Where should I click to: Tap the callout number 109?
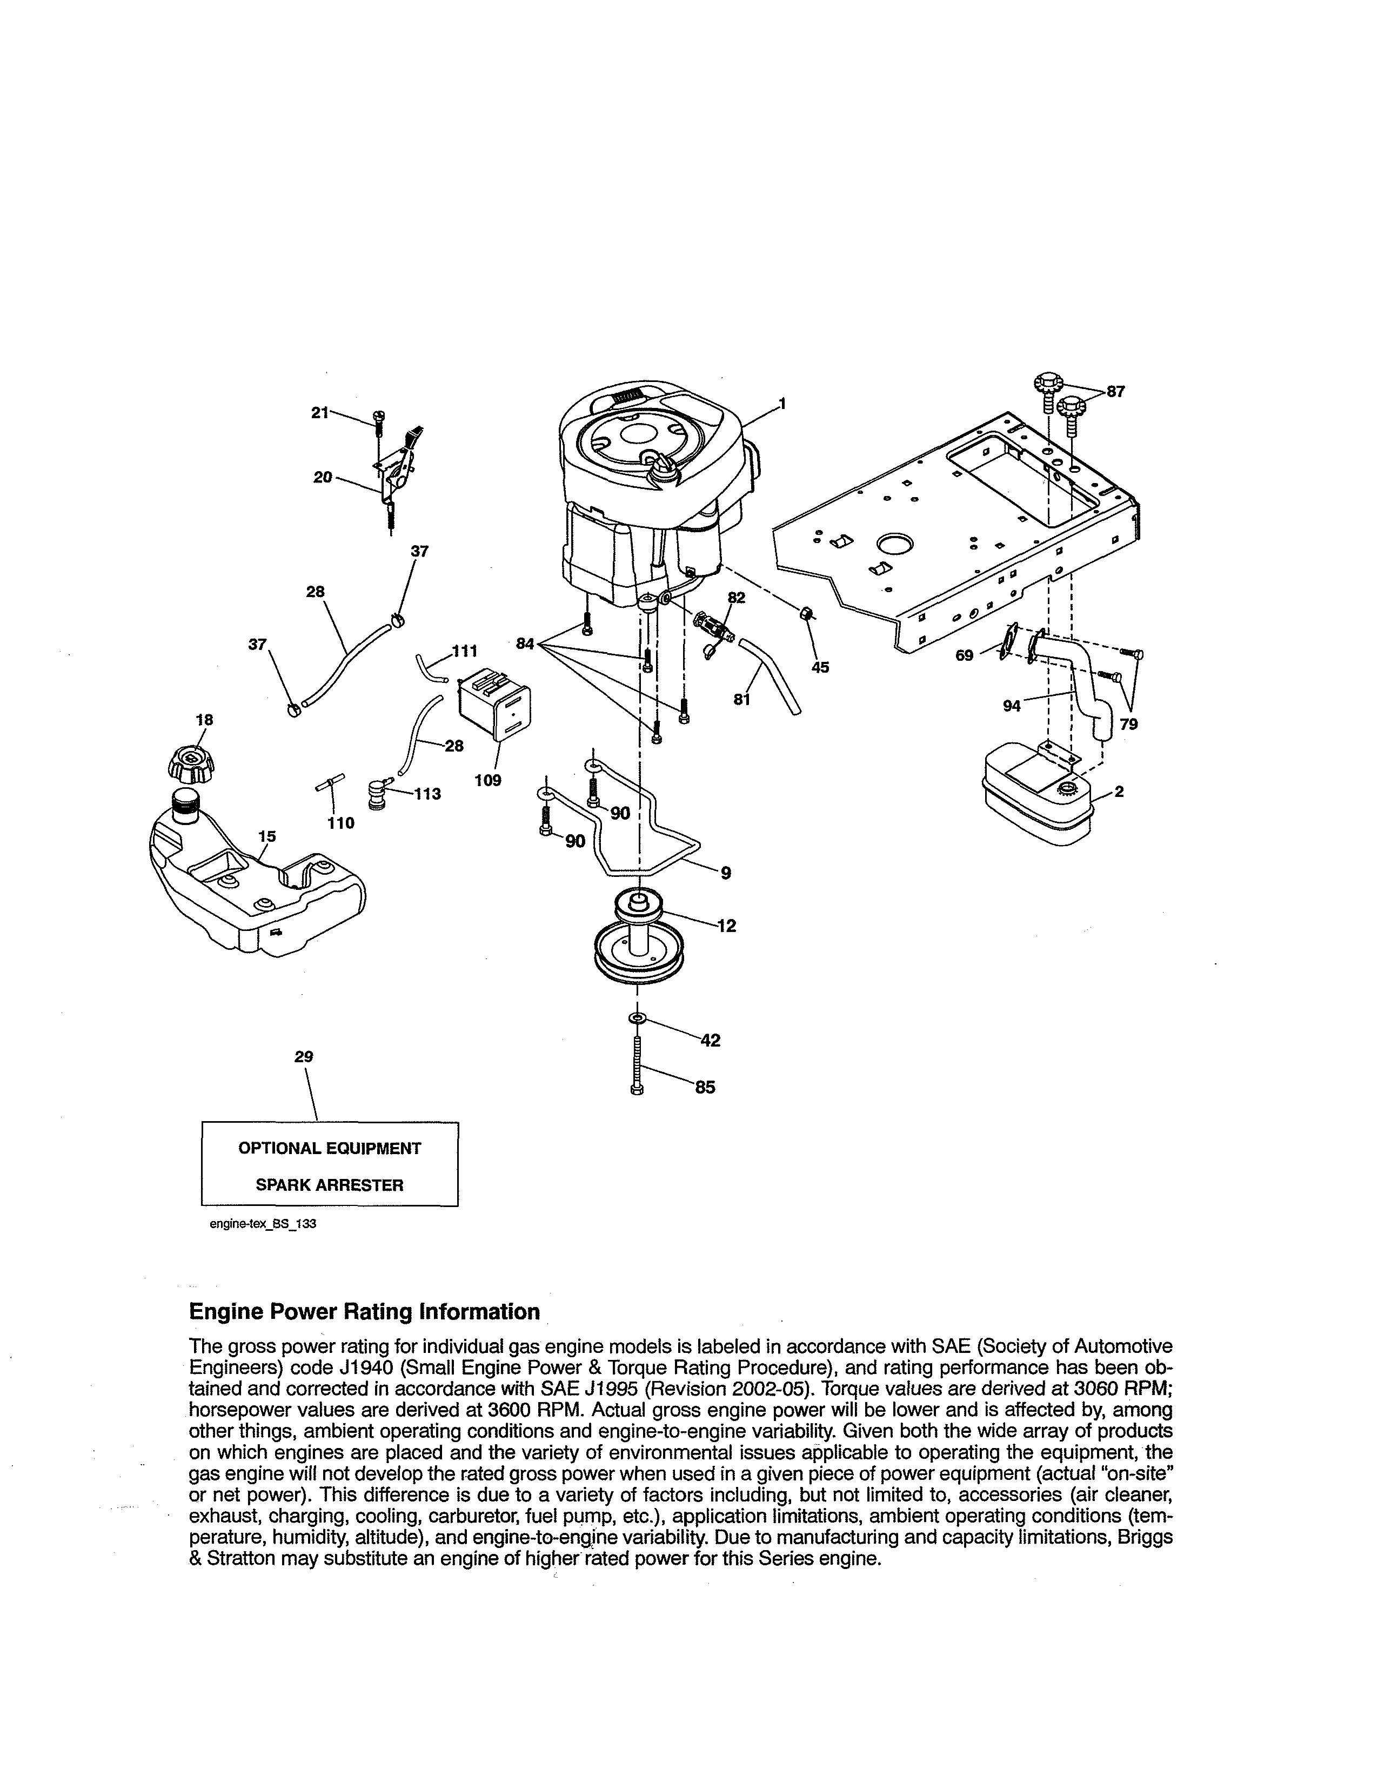tap(487, 781)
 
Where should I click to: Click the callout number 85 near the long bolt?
tap(705, 1088)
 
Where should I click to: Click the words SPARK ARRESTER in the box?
tap(329, 1185)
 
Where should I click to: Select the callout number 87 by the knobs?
tap(1115, 391)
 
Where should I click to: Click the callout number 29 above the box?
tap(304, 1056)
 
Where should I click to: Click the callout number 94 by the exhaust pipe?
tap(1012, 706)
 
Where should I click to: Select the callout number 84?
tap(526, 644)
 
